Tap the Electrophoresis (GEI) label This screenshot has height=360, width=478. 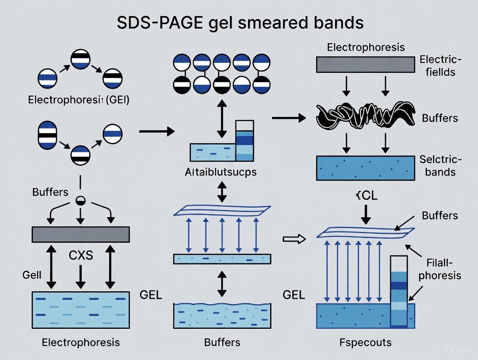[78, 100]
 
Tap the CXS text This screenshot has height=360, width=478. [81, 255]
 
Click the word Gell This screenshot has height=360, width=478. [32, 275]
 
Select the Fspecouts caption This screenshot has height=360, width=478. [366, 343]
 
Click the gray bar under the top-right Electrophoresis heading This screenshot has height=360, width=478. [366, 64]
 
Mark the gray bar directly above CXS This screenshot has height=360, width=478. [81, 234]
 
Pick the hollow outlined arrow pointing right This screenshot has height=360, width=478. [294, 238]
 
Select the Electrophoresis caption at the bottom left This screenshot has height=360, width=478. [81, 343]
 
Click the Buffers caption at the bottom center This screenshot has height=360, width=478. [222, 343]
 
